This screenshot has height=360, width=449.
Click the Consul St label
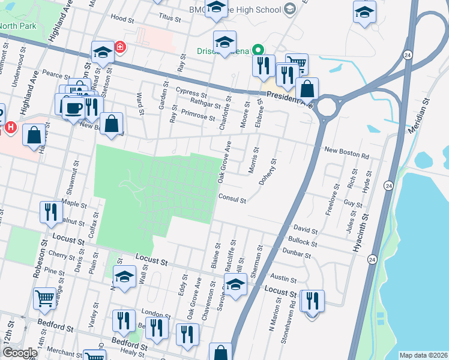click(x=233, y=199)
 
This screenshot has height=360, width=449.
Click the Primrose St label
click(x=197, y=115)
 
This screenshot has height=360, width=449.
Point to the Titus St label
click(x=170, y=19)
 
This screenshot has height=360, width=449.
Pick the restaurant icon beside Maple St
click(x=50, y=211)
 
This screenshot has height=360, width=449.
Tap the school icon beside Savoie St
click(x=235, y=284)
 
